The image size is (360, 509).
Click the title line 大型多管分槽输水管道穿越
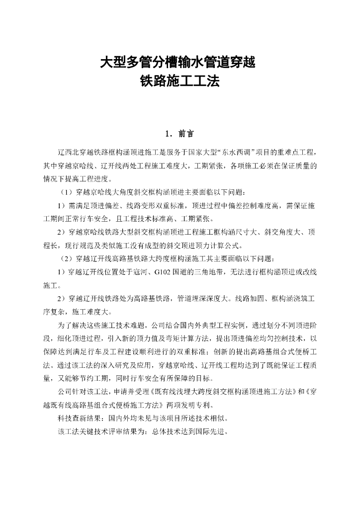click(x=180, y=63)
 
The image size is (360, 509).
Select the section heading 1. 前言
click(x=180, y=134)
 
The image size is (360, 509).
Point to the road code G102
click(x=164, y=272)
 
